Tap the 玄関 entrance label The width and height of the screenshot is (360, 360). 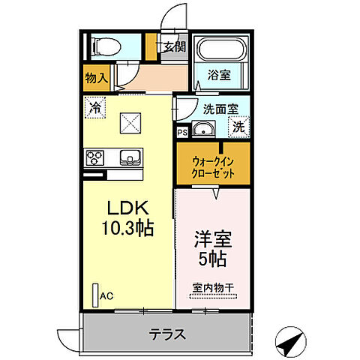point(172,46)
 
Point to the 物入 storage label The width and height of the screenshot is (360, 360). point(96,76)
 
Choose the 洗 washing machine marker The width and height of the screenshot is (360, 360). point(238,127)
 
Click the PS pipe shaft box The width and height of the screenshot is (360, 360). point(181,133)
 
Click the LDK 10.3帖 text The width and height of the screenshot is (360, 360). point(129,218)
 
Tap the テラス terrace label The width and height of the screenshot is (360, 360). point(166,334)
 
